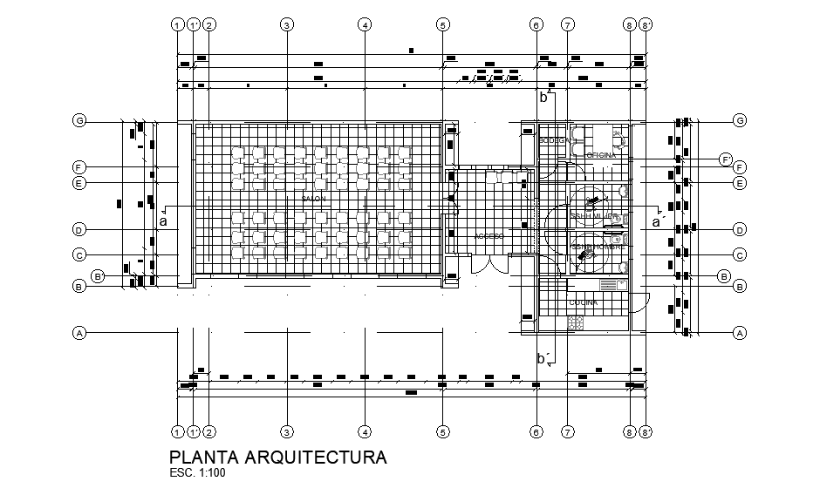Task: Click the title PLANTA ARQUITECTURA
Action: coord(277,458)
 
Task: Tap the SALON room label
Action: coord(313,200)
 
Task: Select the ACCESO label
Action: coord(489,236)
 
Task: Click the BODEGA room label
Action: coord(554,140)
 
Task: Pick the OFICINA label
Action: coord(601,155)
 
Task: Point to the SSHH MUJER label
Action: coord(595,216)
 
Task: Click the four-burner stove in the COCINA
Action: coord(576,322)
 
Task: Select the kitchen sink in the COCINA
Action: coord(611,284)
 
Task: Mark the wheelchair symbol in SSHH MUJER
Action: coord(592,202)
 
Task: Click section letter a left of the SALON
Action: coord(162,221)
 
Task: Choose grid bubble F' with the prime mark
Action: coord(725,159)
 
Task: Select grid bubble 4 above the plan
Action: coord(365,24)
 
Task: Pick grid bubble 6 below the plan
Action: coord(536,431)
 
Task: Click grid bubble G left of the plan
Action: coord(79,120)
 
